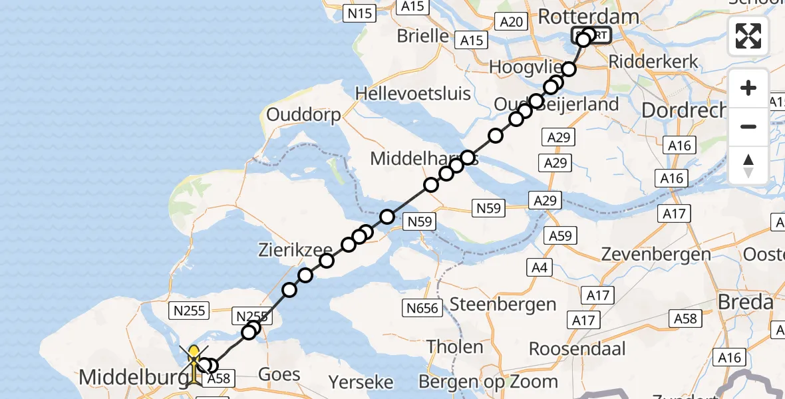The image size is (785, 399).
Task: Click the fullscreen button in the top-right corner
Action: pos(748,36)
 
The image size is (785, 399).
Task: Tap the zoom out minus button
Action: pos(748,126)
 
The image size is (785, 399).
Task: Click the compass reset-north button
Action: pos(748,166)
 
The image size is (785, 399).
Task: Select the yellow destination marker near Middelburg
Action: pos(194,355)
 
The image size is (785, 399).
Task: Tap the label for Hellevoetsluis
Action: pos(413,93)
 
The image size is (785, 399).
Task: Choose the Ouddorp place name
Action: pos(303,114)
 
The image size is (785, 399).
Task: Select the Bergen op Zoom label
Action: pos(488,381)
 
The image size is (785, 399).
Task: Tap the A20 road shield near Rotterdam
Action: pos(511,22)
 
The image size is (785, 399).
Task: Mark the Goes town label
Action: pos(279,374)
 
